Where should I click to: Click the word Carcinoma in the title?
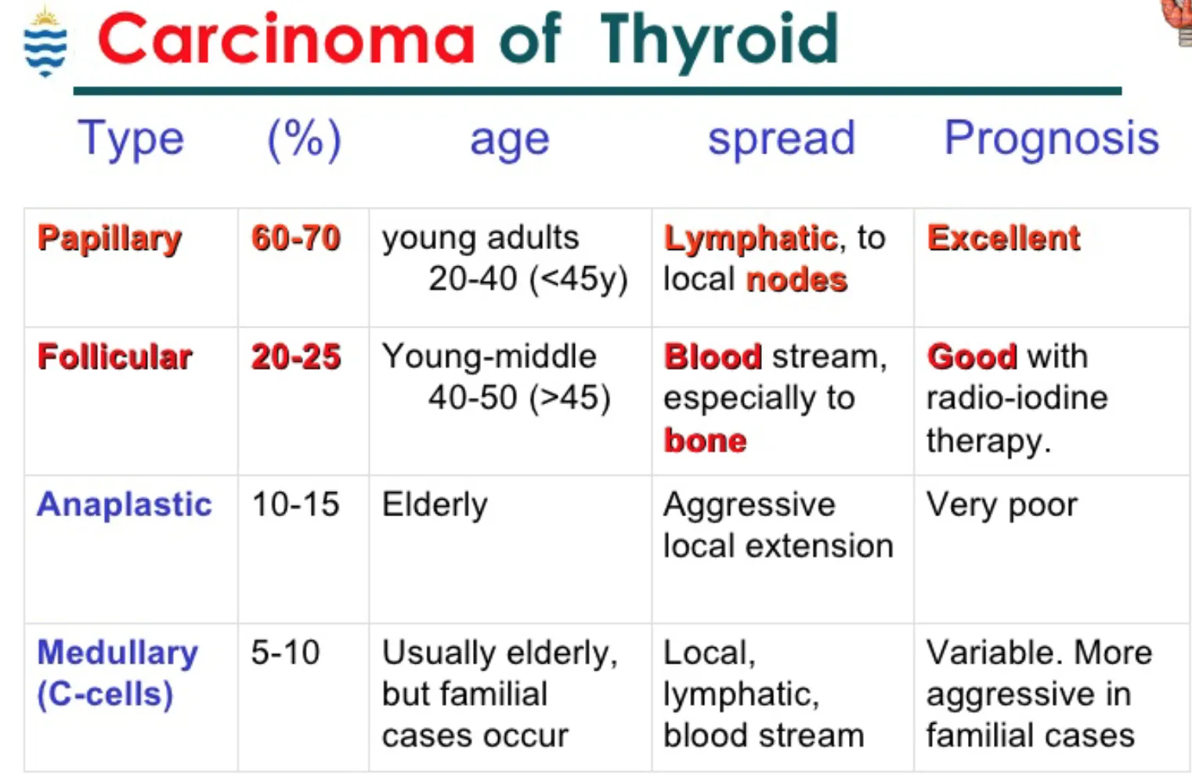tap(286, 38)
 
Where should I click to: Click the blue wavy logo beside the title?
tap(45, 42)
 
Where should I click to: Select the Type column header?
tap(131, 139)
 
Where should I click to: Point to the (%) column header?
tap(304, 139)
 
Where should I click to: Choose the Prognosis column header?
tap(1051, 139)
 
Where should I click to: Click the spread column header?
tap(781, 139)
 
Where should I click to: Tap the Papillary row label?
tap(110, 239)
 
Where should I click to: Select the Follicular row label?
tap(114, 356)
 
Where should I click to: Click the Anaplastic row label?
tap(124, 504)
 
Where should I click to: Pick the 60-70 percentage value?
tap(296, 237)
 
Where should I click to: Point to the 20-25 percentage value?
tap(296, 356)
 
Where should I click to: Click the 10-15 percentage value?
tap(295, 504)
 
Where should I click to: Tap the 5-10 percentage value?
tap(285, 652)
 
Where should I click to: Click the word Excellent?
tap(1003, 237)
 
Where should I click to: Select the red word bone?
tap(705, 440)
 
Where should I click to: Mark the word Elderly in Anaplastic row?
tap(434, 505)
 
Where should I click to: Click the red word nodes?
tap(796, 280)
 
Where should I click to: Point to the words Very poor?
tap(1002, 505)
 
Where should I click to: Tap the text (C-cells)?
tap(106, 695)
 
